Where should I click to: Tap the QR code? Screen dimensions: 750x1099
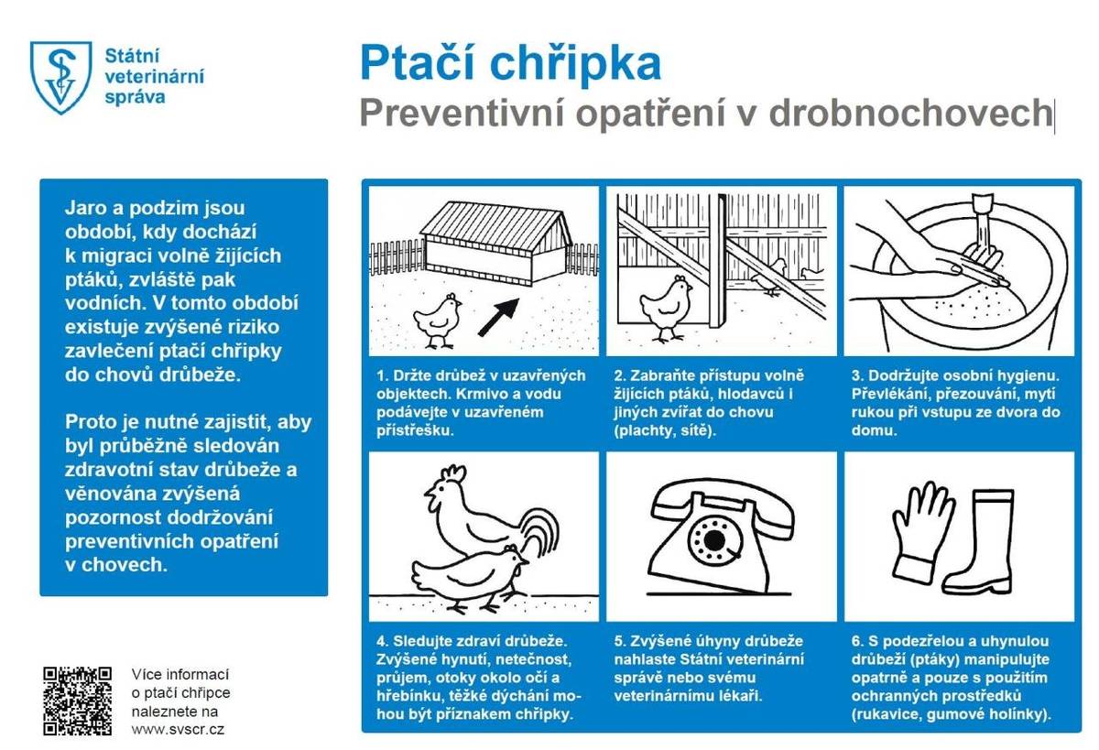(77, 701)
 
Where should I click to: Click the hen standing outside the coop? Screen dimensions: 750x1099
(436, 320)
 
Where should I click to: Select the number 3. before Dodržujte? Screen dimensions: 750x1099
(857, 376)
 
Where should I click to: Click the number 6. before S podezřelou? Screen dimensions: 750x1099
(857, 641)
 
